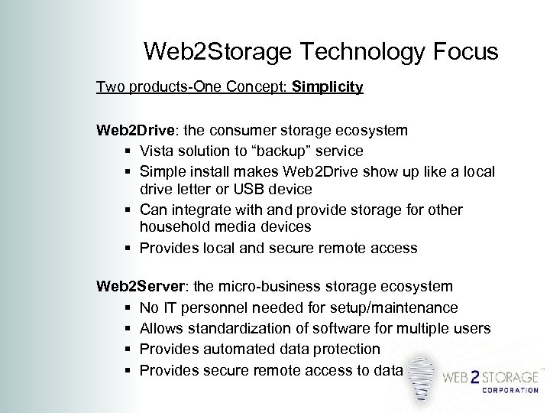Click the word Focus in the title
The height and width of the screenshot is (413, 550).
461,52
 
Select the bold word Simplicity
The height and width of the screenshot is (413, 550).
333,87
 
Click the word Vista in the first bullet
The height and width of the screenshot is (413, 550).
157,151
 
